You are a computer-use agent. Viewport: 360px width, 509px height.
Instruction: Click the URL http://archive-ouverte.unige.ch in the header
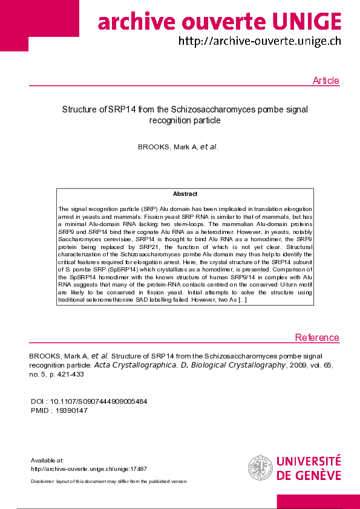259,42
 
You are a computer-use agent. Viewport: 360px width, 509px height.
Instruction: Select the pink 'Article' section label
326,81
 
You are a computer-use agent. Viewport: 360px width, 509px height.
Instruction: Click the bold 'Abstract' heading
185,194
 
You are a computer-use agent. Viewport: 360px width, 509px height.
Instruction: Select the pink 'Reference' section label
317,338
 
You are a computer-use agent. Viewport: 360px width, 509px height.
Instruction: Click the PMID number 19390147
71,410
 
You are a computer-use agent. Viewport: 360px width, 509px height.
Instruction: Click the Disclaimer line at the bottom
109,481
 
